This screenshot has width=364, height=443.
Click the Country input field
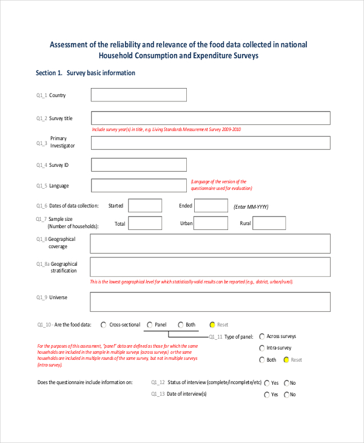139,95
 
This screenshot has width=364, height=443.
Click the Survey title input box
211,118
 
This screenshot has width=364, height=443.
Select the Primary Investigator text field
211,143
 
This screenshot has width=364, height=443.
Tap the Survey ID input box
139,164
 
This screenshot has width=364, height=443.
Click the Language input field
139,185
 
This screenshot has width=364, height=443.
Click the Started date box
145,206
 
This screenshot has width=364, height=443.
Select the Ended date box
212,206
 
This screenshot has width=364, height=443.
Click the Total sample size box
145,223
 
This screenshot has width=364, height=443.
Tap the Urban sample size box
212,223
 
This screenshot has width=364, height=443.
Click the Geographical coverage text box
211,243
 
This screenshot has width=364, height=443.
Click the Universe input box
211,302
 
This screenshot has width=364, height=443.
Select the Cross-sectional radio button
104,325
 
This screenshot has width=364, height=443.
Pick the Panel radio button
149,325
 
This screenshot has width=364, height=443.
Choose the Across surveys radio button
261,336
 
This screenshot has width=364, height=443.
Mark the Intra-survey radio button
261,348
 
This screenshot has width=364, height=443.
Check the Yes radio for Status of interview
266,383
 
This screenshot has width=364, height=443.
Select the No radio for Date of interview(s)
285,394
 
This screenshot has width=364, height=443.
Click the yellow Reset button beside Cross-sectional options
212,325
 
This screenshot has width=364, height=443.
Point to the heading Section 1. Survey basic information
86,73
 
